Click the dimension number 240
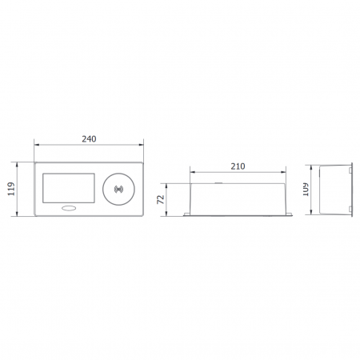(89, 138)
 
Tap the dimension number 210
(238, 166)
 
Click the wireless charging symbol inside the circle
(121, 190)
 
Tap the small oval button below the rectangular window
(71, 210)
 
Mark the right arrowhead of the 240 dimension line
(142, 146)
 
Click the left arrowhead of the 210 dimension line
(191, 172)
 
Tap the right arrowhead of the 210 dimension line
(286, 172)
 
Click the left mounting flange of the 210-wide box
(186, 214)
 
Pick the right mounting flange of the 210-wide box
(290, 214)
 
